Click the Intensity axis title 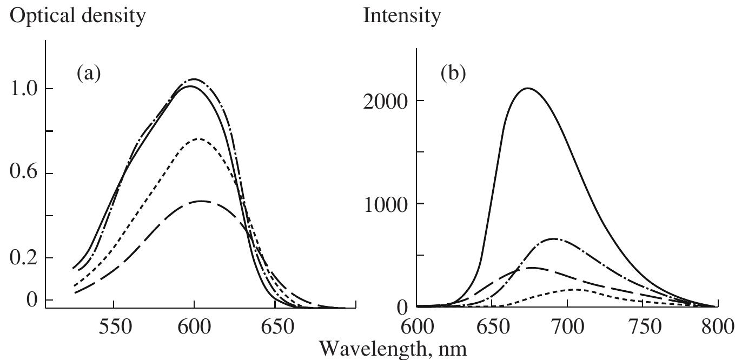[402, 16]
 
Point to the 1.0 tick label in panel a [25, 89]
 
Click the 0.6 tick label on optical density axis [25, 174]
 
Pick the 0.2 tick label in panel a [25, 258]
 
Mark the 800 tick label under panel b [717, 329]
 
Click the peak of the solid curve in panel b [527, 88]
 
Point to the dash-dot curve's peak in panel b [553, 238]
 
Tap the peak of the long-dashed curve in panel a [201, 201]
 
